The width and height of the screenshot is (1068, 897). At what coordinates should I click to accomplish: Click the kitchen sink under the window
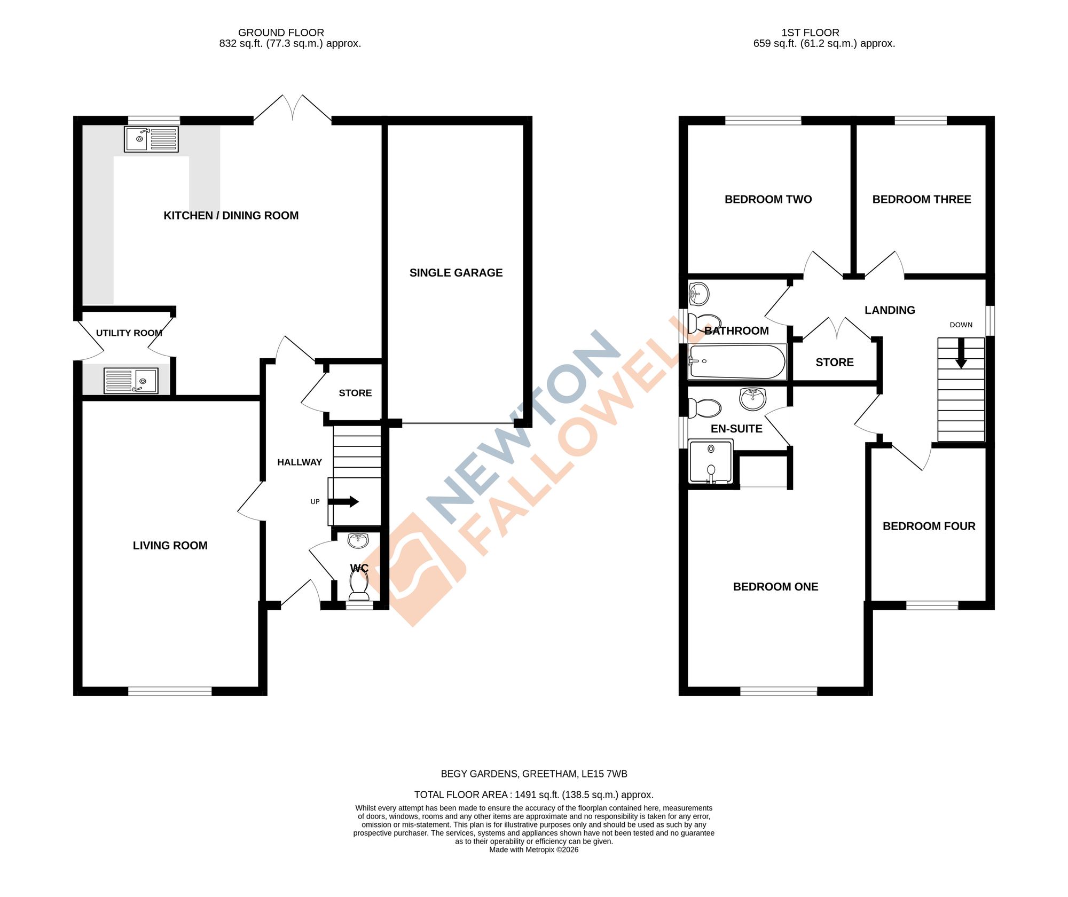(151, 139)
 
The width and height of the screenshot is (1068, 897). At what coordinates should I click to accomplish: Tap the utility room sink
(131, 381)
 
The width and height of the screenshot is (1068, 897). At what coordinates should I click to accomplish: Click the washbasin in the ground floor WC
(358, 540)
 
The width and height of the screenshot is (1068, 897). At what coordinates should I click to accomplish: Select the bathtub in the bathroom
(737, 362)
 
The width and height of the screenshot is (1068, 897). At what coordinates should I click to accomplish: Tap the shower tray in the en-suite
(711, 461)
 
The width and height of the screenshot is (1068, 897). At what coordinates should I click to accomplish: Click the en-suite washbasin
(753, 398)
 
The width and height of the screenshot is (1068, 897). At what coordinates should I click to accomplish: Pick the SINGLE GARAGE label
(456, 273)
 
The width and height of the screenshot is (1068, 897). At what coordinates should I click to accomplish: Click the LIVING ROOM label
(170, 546)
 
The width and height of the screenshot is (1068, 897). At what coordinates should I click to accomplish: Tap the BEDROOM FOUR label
(929, 526)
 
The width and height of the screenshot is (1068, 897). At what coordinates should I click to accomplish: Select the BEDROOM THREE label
(921, 200)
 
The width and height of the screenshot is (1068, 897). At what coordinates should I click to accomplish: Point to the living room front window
(170, 691)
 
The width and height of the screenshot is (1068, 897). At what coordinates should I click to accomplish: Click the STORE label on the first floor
(834, 363)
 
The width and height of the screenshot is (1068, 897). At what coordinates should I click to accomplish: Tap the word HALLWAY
(299, 462)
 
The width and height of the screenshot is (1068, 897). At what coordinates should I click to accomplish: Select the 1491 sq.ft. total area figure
(537, 794)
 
